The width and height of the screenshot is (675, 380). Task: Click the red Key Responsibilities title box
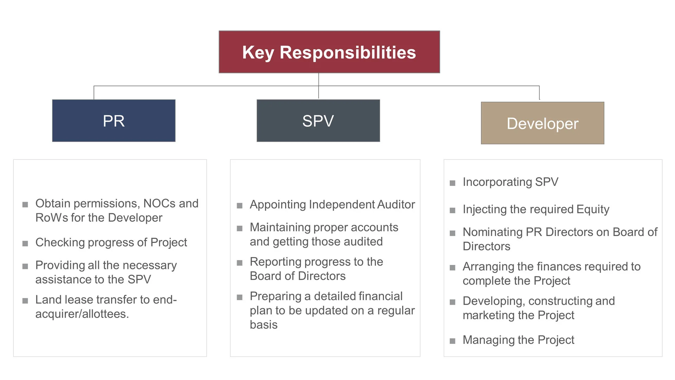tap(329, 52)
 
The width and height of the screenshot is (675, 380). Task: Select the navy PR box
tap(114, 121)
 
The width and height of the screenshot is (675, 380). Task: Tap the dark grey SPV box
tap(318, 121)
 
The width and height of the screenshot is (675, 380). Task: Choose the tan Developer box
tap(542, 123)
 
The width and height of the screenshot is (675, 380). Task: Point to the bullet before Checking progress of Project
tap(25, 243)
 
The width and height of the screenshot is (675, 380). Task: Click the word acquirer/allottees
tap(82, 314)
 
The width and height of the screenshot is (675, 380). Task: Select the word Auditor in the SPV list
tap(396, 204)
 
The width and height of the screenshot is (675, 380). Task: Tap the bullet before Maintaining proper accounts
tap(240, 228)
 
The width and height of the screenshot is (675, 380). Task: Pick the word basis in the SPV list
tap(264, 325)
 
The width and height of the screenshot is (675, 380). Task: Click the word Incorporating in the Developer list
tap(497, 182)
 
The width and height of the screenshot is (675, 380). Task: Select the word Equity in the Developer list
tap(593, 210)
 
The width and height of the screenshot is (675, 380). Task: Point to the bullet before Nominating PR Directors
tap(452, 233)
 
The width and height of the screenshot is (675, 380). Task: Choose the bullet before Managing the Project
tap(452, 341)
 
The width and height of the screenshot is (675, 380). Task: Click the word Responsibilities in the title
tap(348, 53)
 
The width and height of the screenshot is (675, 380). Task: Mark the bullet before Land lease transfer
tap(25, 301)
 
